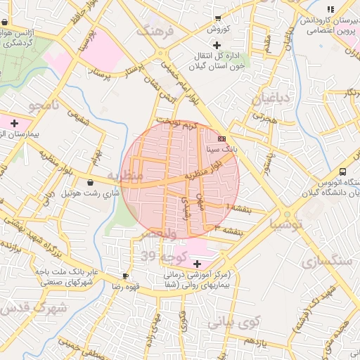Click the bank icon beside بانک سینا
pyautogui.click(x=222, y=139)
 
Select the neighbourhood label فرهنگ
pyautogui.click(x=154, y=32)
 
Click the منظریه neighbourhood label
pyautogui.click(x=124, y=174)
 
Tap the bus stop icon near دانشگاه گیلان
pyautogui.click(x=342, y=172)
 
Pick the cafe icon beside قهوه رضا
pyautogui.click(x=125, y=276)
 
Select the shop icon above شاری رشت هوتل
pyautogui.click(x=90, y=182)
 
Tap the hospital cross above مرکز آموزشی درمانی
pyautogui.click(x=197, y=263)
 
